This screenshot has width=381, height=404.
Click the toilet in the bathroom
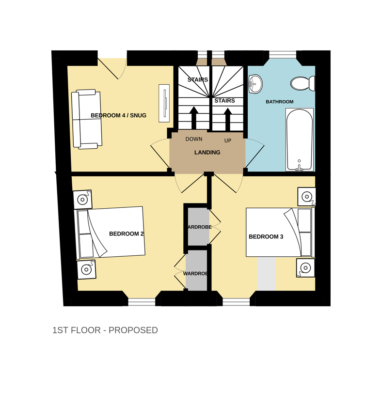coord(302,83)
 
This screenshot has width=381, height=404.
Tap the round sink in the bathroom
coord(255,84)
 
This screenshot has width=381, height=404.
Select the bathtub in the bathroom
coord(299,140)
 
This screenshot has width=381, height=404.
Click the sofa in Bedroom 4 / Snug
coord(86,119)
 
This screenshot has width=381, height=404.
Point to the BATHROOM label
coord(279,102)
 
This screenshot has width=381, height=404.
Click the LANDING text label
coord(207,153)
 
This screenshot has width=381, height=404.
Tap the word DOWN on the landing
coord(194,139)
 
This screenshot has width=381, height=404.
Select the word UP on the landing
coord(228,140)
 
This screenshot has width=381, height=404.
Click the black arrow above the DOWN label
coord(193,119)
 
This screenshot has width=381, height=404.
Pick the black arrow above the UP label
coord(228,119)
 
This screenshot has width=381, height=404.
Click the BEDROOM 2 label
coord(127,233)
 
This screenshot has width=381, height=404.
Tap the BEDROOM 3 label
coord(266,236)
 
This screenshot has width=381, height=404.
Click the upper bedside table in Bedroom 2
coord(82,200)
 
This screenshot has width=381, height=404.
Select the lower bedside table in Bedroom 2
coord(86,269)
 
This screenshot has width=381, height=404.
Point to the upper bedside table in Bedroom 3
coord(306,197)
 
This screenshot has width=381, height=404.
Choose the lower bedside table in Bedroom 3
coord(305,268)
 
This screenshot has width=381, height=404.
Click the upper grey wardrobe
coord(198,227)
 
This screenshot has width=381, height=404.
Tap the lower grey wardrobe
coord(196,270)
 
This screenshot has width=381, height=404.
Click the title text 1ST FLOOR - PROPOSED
coord(105,330)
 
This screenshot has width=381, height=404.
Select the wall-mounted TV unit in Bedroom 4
coord(164,103)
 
